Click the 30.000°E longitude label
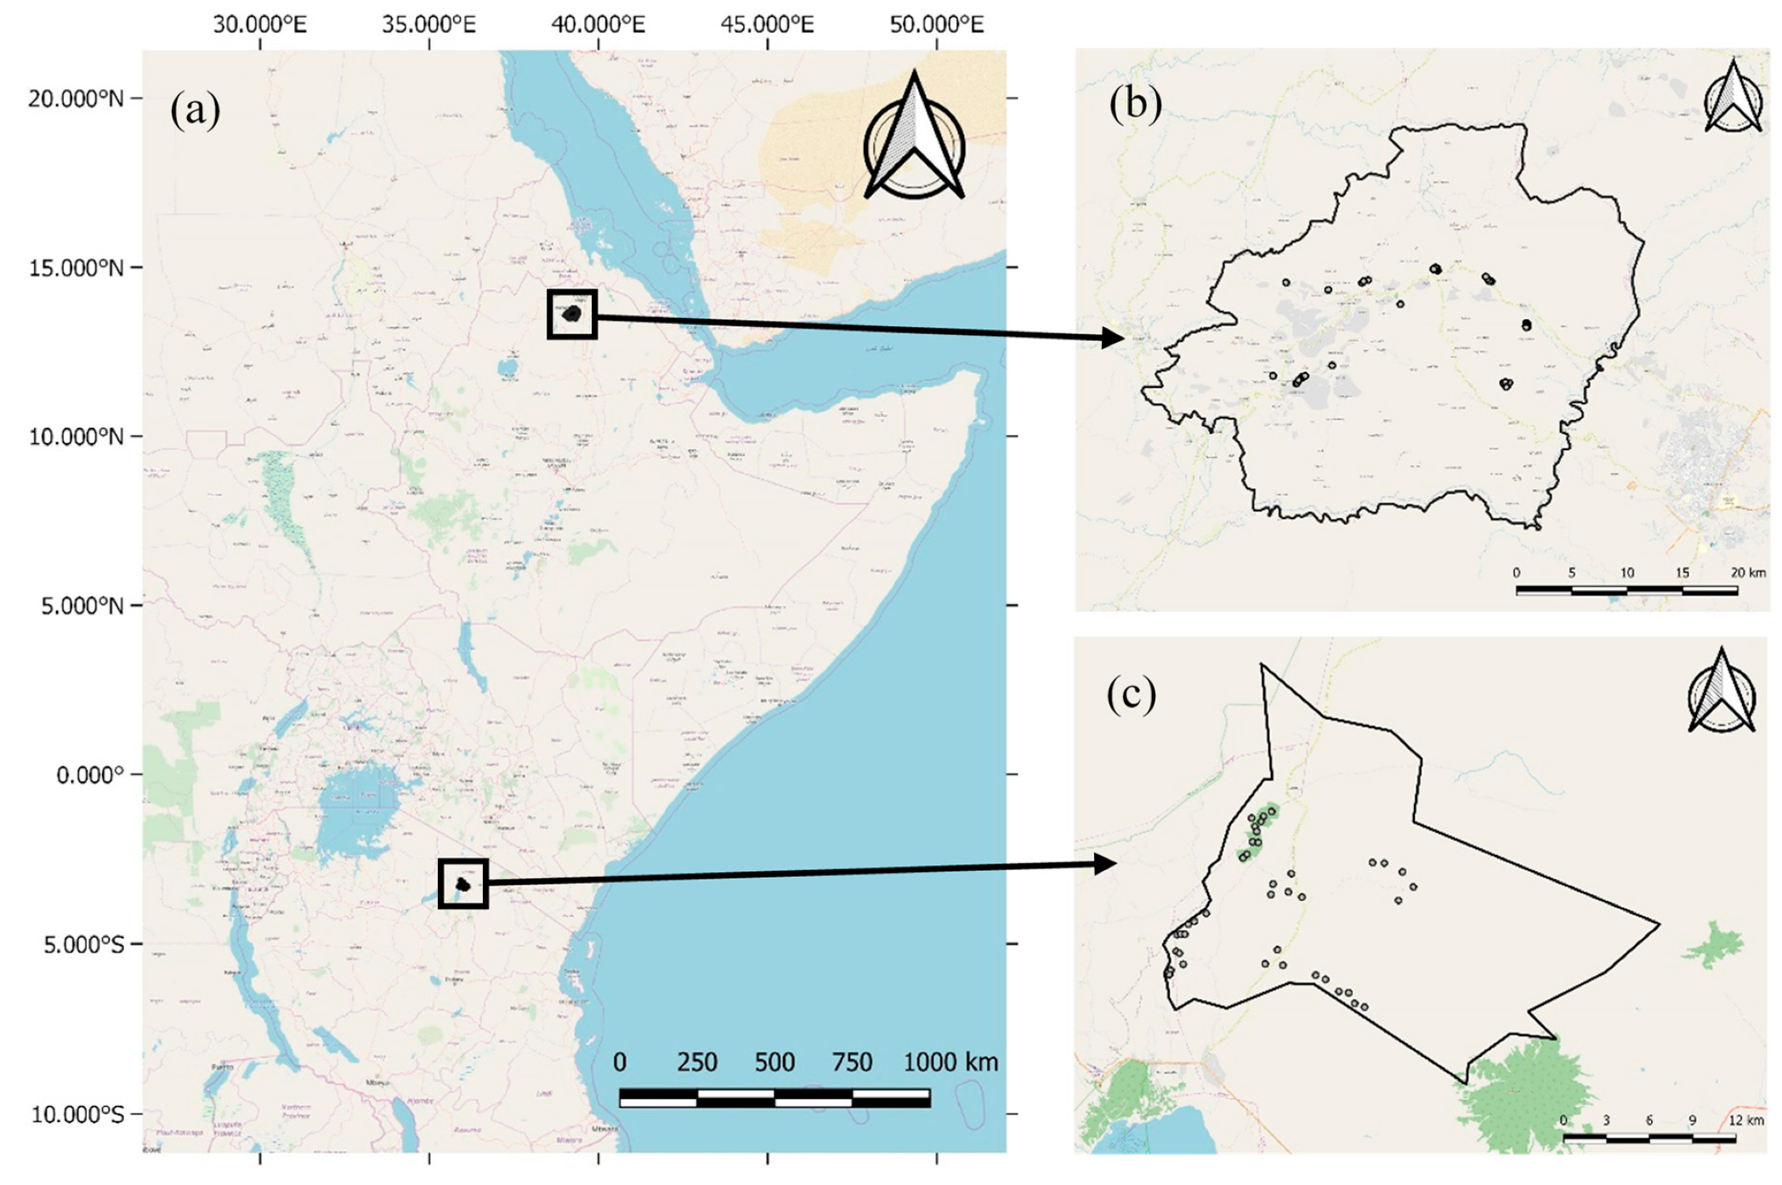(x=259, y=24)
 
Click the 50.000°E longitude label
(x=936, y=24)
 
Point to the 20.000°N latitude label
(x=75, y=99)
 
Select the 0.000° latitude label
(x=89, y=775)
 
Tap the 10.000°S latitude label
(x=77, y=1114)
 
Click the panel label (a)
(x=195, y=110)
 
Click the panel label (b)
(x=1134, y=104)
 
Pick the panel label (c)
(x=1131, y=694)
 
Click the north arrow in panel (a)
(x=914, y=140)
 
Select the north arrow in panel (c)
(x=1722, y=692)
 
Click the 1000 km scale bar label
(x=950, y=1062)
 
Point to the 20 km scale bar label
(x=1747, y=573)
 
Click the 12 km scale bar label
(x=1745, y=1120)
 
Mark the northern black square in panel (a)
(x=572, y=315)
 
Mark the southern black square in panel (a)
(x=463, y=884)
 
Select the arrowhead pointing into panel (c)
(x=1105, y=864)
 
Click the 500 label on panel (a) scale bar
(x=775, y=1062)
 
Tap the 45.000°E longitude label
(x=767, y=24)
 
